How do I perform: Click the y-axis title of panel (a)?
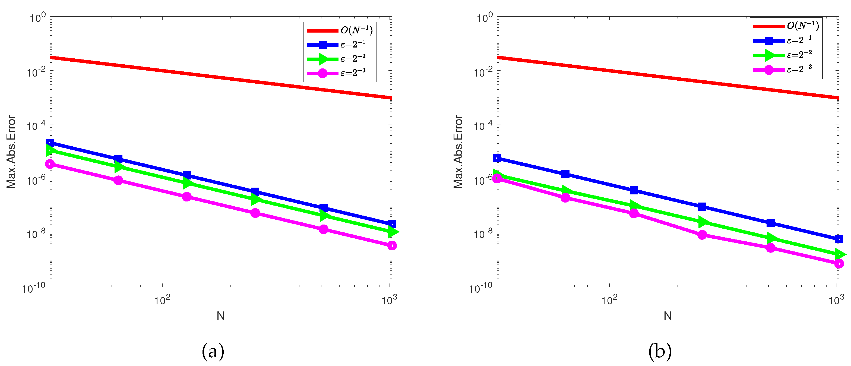(x=11, y=152)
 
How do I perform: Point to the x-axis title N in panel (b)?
(x=668, y=316)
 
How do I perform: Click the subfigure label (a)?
(x=213, y=351)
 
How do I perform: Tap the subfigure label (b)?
(x=660, y=351)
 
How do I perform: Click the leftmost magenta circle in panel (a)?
(x=50, y=164)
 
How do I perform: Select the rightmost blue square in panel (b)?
(x=839, y=239)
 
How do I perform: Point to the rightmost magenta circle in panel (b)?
(x=839, y=264)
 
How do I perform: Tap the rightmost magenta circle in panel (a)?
(x=392, y=245)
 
